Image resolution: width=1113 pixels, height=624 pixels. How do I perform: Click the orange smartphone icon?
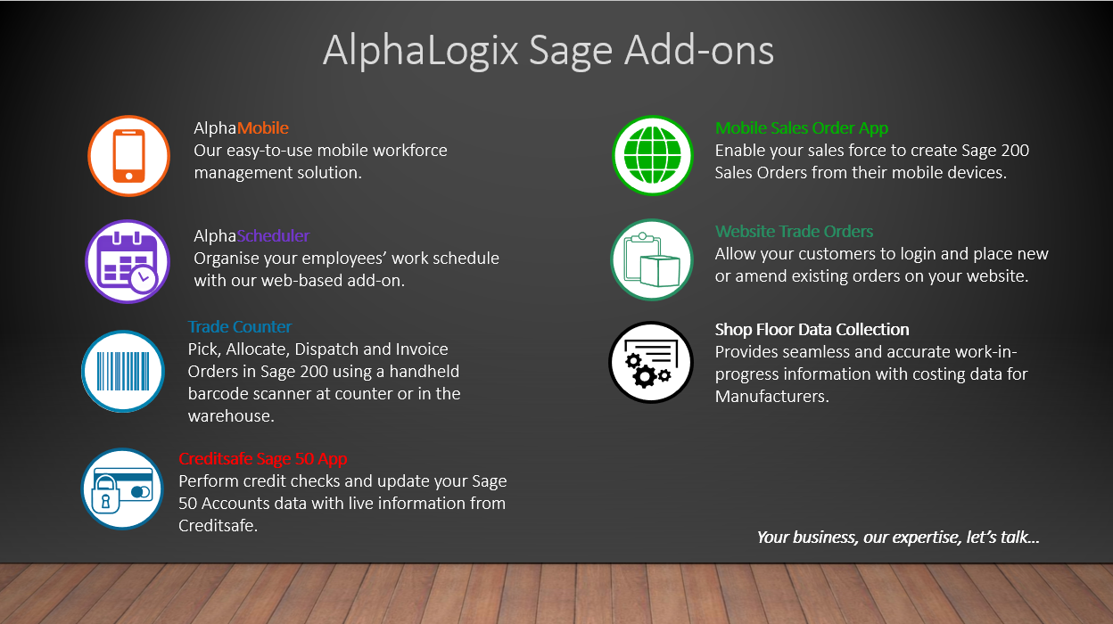click(x=128, y=155)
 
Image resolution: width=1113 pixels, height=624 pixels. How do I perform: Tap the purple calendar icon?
click(x=128, y=261)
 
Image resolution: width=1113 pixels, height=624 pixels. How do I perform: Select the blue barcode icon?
click(x=123, y=371)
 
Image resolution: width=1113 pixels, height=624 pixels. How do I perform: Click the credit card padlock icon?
click(x=122, y=489)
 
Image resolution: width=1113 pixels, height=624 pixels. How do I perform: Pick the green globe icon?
click(x=653, y=155)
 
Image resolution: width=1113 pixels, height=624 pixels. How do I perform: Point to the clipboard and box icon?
click(x=652, y=259)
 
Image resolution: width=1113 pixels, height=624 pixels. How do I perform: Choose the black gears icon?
click(x=651, y=362)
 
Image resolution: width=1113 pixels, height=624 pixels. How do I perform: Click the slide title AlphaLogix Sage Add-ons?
click(x=548, y=50)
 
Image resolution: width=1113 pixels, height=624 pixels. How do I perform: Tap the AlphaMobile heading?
click(x=241, y=128)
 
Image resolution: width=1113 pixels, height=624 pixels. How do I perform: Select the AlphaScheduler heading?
click(x=251, y=236)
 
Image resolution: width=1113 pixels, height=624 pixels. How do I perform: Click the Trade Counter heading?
click(x=240, y=327)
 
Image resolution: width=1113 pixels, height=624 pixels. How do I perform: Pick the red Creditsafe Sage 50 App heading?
click(x=263, y=458)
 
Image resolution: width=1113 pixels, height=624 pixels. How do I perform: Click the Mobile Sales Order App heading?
click(x=802, y=128)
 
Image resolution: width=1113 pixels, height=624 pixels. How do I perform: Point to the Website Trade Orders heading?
click(x=794, y=232)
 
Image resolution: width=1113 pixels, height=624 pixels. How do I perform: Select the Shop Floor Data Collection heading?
click(x=812, y=330)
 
